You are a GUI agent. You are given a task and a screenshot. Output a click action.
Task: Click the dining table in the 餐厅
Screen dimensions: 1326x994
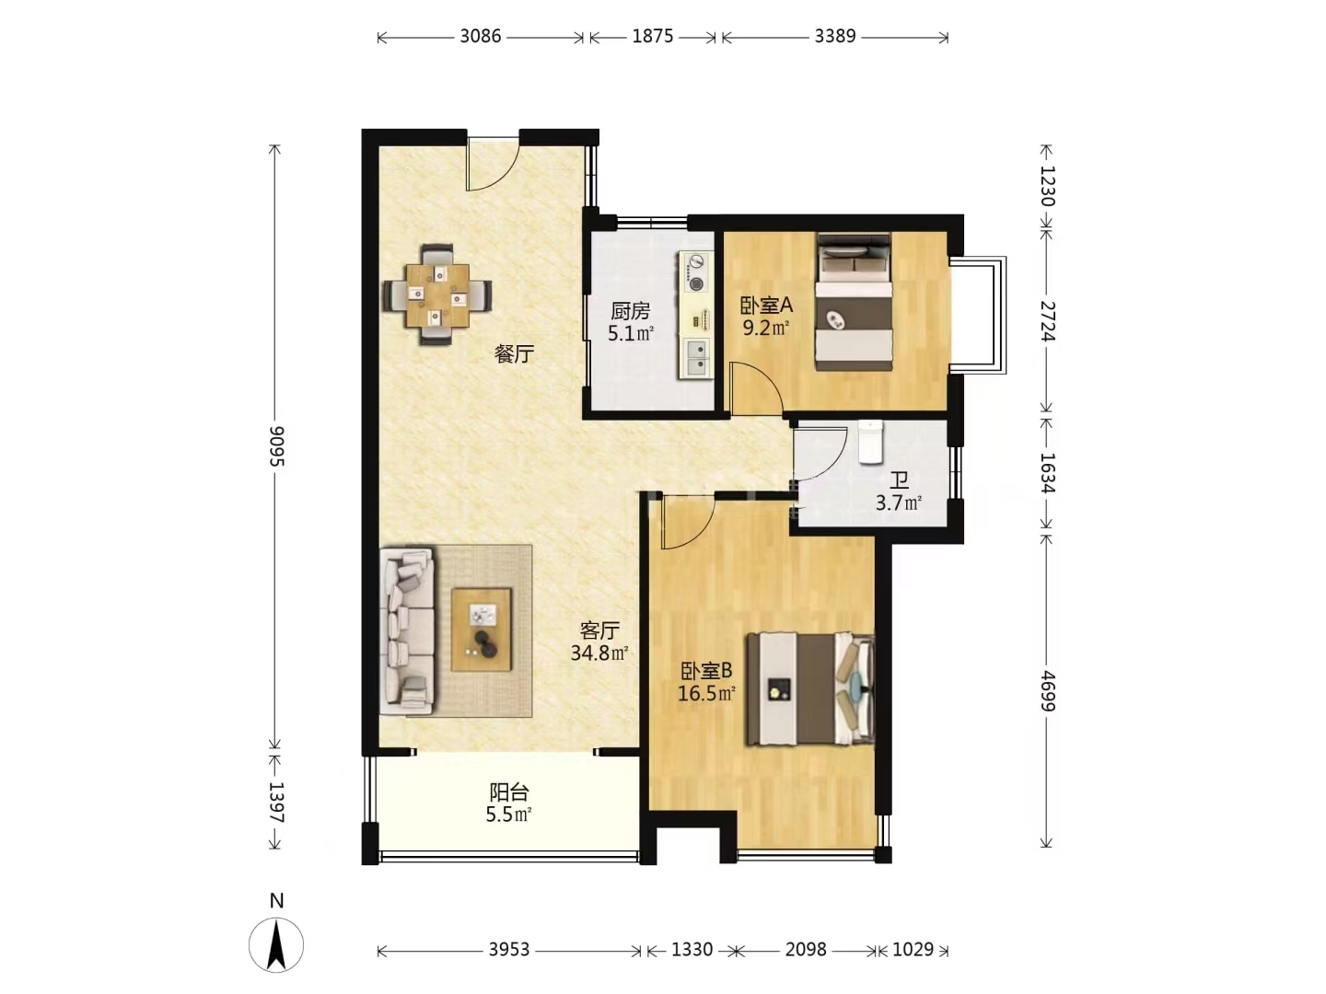tap(437, 295)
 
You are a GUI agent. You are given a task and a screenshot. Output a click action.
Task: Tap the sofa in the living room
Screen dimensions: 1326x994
tap(407, 630)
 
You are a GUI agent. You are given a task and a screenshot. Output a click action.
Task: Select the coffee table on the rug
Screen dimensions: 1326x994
tap(482, 630)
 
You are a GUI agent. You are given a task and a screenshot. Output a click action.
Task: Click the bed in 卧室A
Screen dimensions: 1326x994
tap(855, 302)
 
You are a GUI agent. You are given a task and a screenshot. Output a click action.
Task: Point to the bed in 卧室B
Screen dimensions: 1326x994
tap(810, 688)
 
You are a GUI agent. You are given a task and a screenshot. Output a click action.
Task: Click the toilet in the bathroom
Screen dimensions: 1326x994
tap(870, 443)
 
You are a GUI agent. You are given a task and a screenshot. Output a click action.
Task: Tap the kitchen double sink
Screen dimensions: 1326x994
tap(698, 357)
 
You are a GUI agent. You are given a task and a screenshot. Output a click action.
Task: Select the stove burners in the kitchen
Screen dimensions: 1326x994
tap(697, 272)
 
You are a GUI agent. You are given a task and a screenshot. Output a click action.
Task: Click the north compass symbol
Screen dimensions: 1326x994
tap(276, 944)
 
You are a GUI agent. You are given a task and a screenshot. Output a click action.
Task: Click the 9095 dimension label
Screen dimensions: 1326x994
tap(276, 446)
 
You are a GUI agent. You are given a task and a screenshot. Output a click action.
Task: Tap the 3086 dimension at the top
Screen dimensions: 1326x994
tap(481, 36)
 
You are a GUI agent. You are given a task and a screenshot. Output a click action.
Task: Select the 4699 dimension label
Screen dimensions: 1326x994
tap(1048, 690)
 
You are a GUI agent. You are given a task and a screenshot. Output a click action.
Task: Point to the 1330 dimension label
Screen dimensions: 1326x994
tap(692, 949)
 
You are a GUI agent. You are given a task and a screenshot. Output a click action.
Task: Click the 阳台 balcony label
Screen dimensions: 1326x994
tap(509, 792)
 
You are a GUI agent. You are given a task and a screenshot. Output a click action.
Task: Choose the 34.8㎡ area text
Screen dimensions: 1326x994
tap(599, 653)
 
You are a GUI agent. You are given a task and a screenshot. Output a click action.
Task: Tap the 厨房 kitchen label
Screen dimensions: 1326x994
tap(631, 311)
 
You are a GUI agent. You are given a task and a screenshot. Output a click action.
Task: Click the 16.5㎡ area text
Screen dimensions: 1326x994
tap(706, 693)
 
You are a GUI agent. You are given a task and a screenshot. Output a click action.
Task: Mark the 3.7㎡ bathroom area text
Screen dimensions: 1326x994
tap(899, 503)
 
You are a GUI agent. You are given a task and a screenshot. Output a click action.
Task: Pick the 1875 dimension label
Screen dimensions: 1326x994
tap(653, 36)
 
